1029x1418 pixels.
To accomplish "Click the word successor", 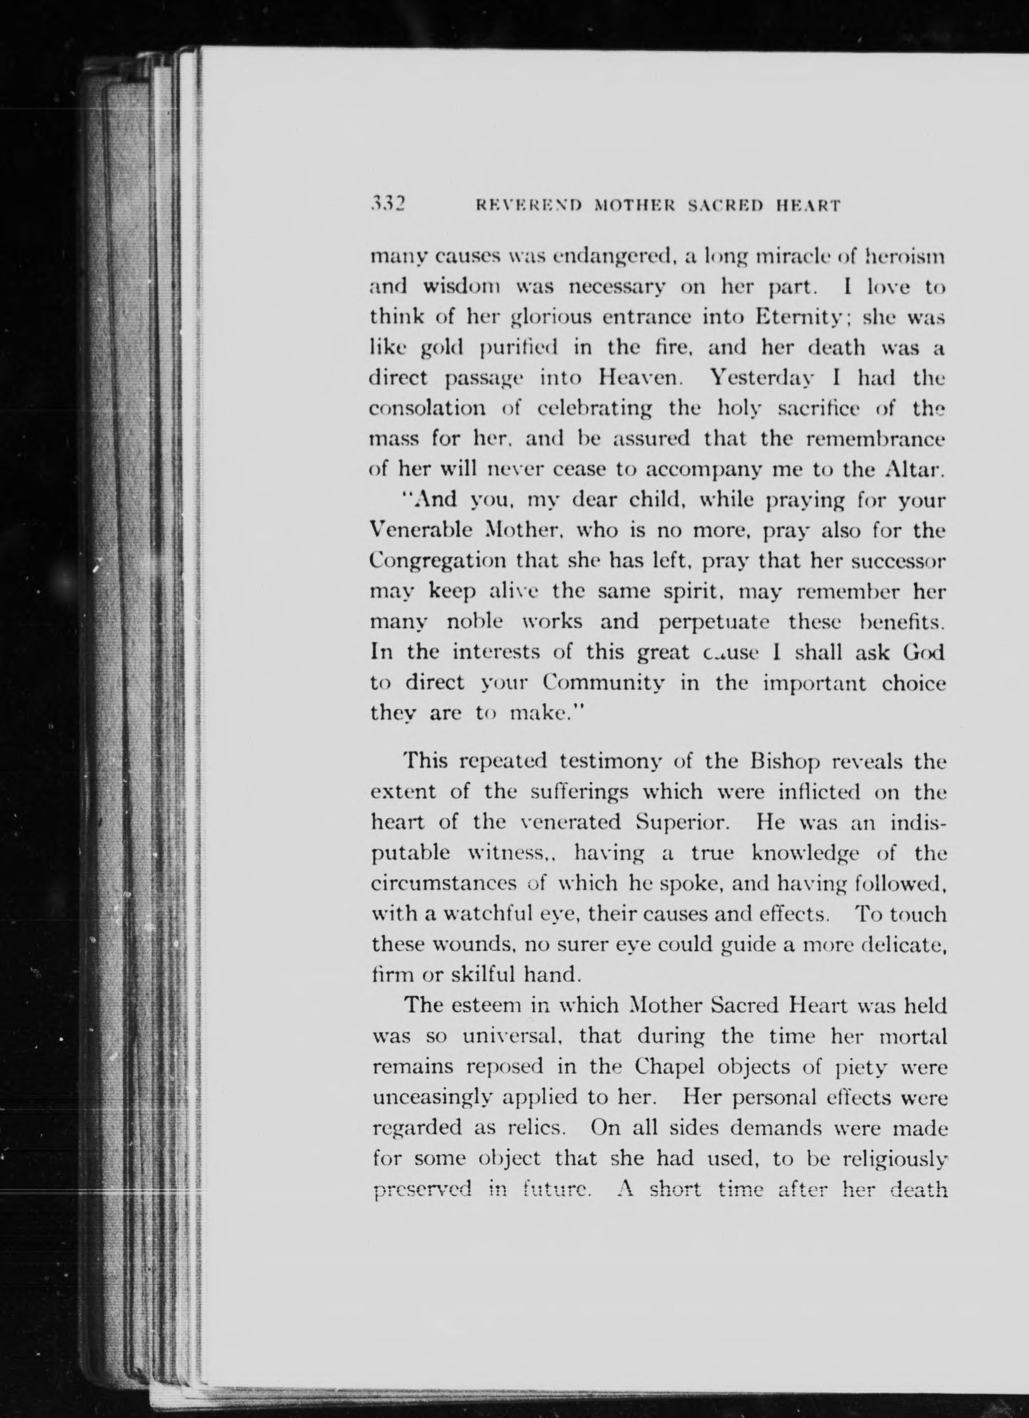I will (899, 561).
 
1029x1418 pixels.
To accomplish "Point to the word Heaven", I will (636, 378).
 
